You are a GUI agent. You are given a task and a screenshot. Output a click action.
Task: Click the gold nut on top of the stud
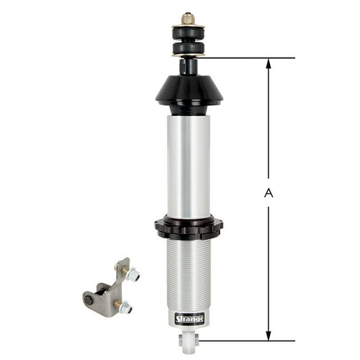click(188, 18)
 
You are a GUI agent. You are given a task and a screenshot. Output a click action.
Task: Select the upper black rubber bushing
click(189, 33)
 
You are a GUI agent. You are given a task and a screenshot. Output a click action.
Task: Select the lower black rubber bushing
click(189, 48)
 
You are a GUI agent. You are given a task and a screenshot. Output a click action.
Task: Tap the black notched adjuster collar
click(189, 228)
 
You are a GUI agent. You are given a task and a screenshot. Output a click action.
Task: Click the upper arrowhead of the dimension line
click(269, 63)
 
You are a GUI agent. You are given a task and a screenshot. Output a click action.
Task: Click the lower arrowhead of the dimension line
click(269, 336)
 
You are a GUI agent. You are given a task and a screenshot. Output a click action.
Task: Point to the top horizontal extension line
click(245, 58)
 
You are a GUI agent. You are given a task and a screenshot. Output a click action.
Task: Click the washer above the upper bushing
click(189, 27)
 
